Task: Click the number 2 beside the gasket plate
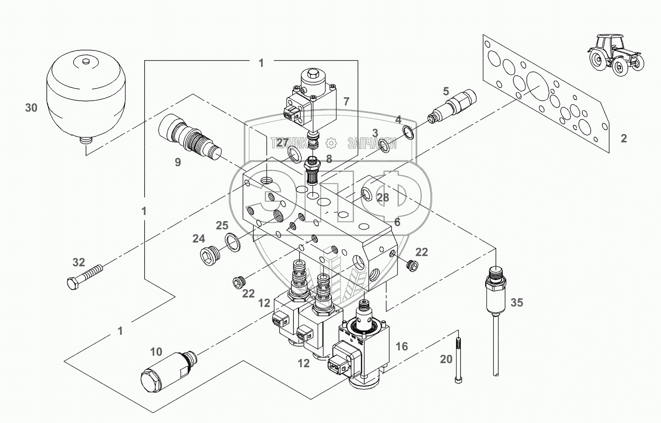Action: click(623, 139)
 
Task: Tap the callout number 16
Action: click(402, 347)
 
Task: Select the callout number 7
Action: click(346, 101)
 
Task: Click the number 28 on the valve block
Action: click(383, 198)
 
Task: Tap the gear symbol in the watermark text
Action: click(331, 143)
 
